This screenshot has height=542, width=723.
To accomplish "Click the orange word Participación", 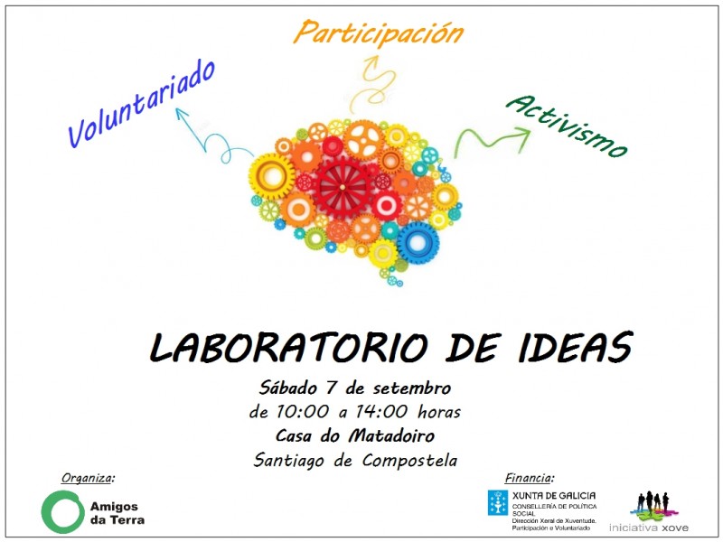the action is (x=378, y=33).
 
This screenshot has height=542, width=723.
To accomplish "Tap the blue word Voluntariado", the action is (x=141, y=103).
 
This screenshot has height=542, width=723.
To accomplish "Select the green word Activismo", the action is (x=567, y=126).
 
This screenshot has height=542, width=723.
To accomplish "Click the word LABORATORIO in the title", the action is (x=289, y=347).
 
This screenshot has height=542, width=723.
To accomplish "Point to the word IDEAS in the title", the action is (x=576, y=347).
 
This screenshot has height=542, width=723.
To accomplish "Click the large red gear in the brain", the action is (x=343, y=187).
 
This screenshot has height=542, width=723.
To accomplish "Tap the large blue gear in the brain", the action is (x=418, y=243).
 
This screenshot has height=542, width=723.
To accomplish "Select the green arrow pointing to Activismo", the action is (x=490, y=140).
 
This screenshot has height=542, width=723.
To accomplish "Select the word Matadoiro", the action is (x=391, y=435).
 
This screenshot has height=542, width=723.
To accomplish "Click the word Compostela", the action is (x=409, y=460).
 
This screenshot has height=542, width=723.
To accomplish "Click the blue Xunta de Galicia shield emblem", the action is (x=498, y=502).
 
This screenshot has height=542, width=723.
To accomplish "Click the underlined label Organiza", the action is (x=87, y=479).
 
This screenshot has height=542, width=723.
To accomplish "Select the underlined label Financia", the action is (x=530, y=478).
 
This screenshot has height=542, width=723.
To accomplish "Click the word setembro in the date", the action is (x=412, y=388).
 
